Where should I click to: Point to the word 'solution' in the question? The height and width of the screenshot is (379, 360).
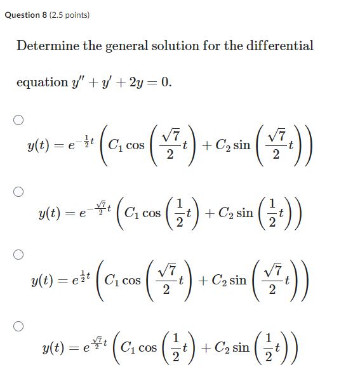point(175,46)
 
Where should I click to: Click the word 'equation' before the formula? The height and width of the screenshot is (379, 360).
point(42,83)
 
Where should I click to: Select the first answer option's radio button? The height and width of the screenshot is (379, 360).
point(19,119)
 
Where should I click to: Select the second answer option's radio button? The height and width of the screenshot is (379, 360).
point(19,190)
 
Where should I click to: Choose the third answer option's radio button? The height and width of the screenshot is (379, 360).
point(19,255)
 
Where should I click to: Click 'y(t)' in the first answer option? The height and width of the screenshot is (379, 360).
point(39,146)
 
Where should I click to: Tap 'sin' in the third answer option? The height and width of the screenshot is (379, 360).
point(237,279)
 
